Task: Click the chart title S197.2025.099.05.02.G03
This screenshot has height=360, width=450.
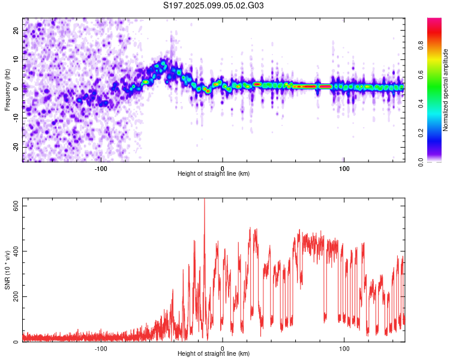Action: [213, 5]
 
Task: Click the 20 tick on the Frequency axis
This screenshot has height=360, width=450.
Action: [16, 30]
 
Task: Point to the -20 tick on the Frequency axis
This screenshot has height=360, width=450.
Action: [16, 148]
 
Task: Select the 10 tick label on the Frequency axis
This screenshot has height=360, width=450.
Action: [16, 59]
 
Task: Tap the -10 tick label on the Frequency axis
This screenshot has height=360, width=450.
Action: [16, 118]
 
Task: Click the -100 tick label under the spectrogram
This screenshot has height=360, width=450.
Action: [101, 169]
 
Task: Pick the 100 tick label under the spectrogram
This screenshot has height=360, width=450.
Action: [344, 169]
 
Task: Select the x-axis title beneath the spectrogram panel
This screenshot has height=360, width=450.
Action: [214, 173]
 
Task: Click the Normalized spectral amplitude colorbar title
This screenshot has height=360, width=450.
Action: [445, 90]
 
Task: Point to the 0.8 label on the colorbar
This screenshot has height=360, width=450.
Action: [421, 46]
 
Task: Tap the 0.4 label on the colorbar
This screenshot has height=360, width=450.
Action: [421, 104]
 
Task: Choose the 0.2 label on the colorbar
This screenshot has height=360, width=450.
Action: [421, 133]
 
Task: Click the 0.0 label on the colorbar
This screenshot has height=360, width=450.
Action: [421, 162]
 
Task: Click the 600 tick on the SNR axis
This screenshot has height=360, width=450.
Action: [16, 206]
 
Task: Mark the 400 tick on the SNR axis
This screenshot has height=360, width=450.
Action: [16, 251]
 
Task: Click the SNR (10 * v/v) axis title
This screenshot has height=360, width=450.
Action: [7, 270]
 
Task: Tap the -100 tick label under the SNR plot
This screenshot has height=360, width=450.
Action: [101, 349]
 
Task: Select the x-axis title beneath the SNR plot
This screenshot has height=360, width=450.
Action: [214, 353]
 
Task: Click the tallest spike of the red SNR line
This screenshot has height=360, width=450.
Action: [205, 199]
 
